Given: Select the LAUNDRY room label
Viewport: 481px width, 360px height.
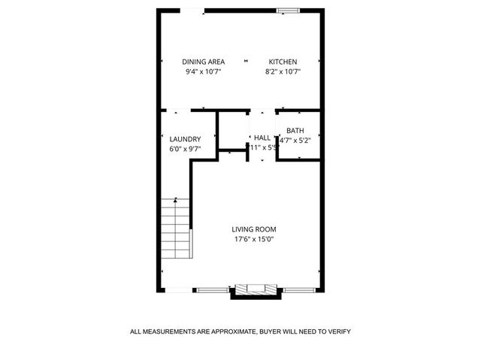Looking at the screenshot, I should [x=184, y=139].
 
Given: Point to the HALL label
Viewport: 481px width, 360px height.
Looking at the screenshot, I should [x=262, y=138].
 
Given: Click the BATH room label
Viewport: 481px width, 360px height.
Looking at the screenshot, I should [x=295, y=131].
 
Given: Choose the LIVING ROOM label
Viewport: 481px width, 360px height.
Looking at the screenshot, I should [x=254, y=229].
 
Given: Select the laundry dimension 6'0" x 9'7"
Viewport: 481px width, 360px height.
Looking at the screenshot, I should [x=184, y=149].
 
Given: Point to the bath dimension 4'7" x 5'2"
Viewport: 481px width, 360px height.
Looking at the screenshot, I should [x=295, y=141].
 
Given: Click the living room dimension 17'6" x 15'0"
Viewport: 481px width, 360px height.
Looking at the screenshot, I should [x=254, y=240].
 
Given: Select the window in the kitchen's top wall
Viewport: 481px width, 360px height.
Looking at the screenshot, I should [x=286, y=11].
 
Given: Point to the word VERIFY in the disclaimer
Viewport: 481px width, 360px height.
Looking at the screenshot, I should [x=337, y=331].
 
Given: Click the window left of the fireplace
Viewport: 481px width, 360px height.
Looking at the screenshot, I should [x=213, y=289].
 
